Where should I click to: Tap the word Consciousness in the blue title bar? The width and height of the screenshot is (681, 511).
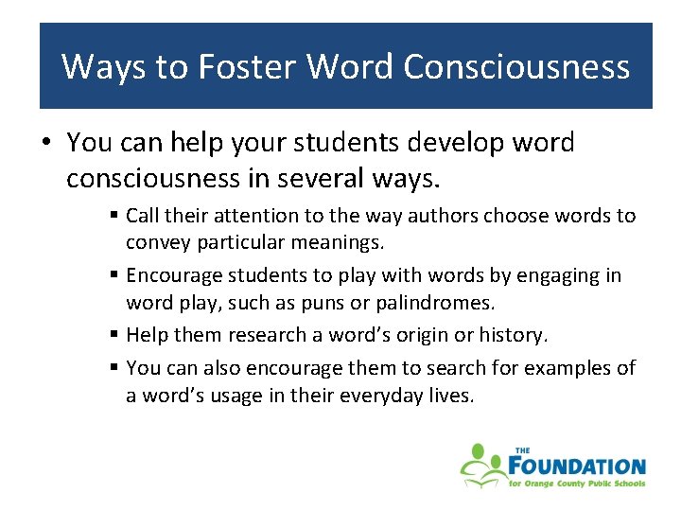click(x=515, y=66)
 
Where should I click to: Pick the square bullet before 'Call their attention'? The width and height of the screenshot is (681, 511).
click(x=113, y=216)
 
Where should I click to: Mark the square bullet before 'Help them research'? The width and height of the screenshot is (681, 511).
click(x=113, y=335)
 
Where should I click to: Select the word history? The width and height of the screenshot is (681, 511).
click(x=513, y=335)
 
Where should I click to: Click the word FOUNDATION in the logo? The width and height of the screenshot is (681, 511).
click(x=577, y=466)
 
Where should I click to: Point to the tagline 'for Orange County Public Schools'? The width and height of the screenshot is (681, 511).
click(x=577, y=484)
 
